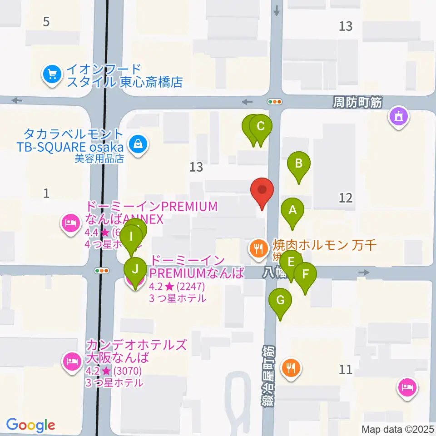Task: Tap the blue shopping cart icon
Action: click(x=52, y=75)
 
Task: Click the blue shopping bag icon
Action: click(x=136, y=145)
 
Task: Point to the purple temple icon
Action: click(x=399, y=117)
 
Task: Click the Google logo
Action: click(x=30, y=425)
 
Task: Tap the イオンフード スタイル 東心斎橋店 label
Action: click(x=124, y=76)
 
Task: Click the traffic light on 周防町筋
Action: click(x=275, y=102)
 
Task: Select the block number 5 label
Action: click(x=46, y=21)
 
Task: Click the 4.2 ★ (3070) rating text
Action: click(x=114, y=371)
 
